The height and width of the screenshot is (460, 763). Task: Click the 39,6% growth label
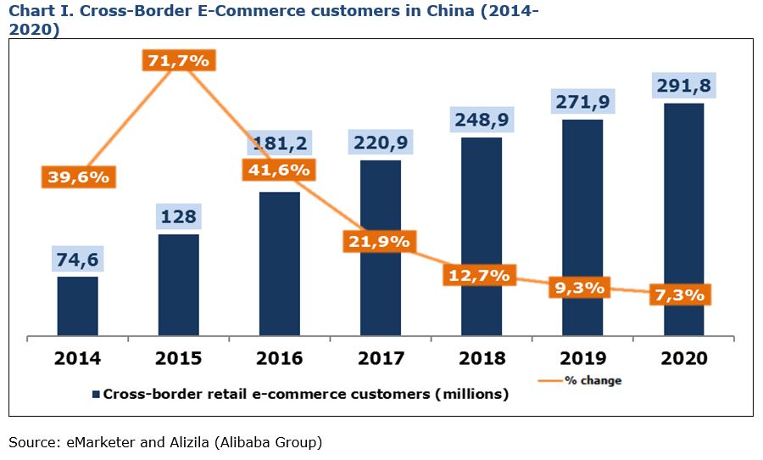(x=77, y=177)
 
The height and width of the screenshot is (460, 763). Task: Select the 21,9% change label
(x=377, y=241)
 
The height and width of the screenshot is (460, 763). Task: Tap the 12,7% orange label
(x=478, y=275)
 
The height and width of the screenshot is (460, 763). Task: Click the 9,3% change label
(x=580, y=288)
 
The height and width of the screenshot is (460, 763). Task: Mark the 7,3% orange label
(x=681, y=295)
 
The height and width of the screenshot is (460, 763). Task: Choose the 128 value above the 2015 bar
(x=178, y=217)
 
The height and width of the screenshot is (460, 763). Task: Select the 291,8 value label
(x=683, y=86)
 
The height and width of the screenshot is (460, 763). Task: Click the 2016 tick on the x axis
(x=279, y=358)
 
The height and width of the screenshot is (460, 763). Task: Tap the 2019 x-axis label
(x=582, y=358)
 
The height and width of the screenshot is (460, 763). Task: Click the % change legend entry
(x=594, y=380)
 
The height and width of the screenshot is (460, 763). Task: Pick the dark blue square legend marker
(x=96, y=394)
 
